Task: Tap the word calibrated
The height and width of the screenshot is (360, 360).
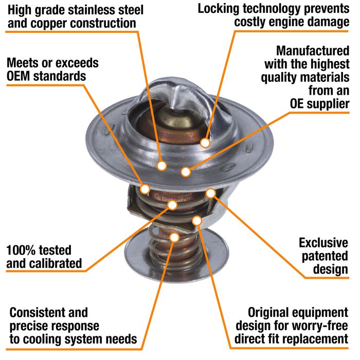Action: click(x=56, y=264)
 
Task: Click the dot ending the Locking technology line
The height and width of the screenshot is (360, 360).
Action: click(x=205, y=142)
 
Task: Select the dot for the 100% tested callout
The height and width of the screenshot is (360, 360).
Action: click(x=172, y=205)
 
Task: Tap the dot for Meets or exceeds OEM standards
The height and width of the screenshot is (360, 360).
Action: click(x=145, y=188)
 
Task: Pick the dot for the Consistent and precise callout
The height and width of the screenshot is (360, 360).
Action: click(x=174, y=237)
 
